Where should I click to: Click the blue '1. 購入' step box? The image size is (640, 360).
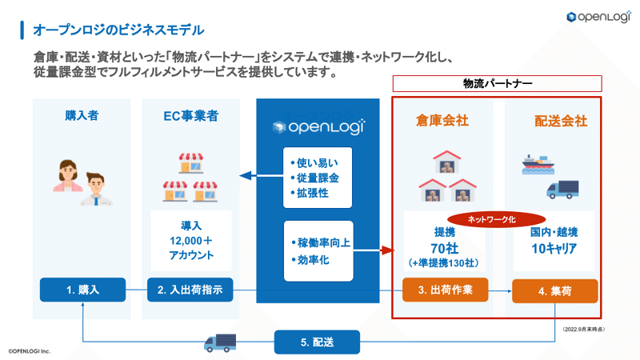(83, 290)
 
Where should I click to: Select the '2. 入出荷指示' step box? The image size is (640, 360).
(190, 290)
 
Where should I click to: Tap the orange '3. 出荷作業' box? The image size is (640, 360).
(446, 290)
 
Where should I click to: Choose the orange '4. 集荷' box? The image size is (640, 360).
(555, 291)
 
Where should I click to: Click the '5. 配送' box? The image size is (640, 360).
(317, 342)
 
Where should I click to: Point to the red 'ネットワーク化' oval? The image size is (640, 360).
(497, 219)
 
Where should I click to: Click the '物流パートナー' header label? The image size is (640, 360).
(497, 84)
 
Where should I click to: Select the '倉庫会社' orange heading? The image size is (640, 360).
(442, 121)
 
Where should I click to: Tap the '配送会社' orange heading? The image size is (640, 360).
(561, 122)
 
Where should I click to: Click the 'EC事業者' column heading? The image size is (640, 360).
(191, 116)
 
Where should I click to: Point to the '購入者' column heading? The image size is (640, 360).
(82, 115)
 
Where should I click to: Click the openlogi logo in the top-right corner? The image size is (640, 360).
(598, 17)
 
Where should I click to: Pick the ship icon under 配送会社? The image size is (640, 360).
(538, 165)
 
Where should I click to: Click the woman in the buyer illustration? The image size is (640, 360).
(68, 176)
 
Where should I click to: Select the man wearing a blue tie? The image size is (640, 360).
(96, 190)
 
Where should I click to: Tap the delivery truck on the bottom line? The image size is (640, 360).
(220, 343)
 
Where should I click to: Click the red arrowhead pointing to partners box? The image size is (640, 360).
(388, 250)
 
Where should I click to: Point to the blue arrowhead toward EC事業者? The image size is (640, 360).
(246, 176)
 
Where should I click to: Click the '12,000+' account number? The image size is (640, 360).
(191, 241)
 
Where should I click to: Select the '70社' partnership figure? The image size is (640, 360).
(445, 248)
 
